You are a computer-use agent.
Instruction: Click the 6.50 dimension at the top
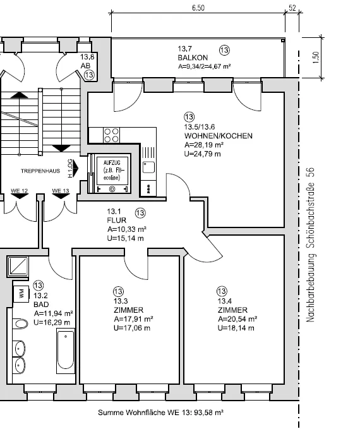(x=198, y=8)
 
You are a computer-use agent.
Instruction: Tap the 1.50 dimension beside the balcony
(x=315, y=57)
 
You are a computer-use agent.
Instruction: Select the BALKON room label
(x=193, y=57)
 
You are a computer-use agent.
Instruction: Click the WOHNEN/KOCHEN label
(x=219, y=136)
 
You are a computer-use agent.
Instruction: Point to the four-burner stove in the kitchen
(x=112, y=135)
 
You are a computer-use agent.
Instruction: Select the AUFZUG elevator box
(x=112, y=173)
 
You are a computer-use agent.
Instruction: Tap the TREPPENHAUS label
(x=40, y=171)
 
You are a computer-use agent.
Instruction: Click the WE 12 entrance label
(x=19, y=191)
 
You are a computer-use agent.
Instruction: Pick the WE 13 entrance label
(x=61, y=191)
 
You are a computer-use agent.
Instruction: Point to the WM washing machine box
(x=21, y=294)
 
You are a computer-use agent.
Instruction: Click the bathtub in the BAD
(x=66, y=351)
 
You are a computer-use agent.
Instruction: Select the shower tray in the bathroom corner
(x=18, y=266)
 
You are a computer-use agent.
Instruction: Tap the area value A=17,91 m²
(x=133, y=319)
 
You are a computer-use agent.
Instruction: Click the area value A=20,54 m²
(x=237, y=319)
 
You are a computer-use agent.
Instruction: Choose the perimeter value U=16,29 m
(x=52, y=323)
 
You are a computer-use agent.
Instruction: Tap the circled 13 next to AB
(x=89, y=75)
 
